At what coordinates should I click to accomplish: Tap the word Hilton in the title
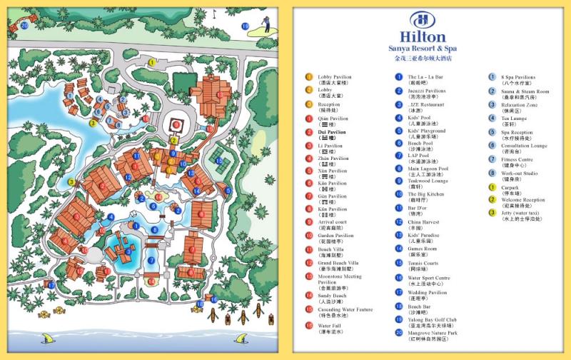(423, 37)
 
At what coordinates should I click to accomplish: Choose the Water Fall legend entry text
(330, 325)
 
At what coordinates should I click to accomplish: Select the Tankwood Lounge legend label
(427, 181)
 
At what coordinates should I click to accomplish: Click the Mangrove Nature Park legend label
(433, 332)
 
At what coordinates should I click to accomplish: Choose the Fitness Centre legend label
(517, 159)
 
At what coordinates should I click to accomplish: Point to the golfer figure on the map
(258, 24)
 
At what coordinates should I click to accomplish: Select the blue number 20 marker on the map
(24, 25)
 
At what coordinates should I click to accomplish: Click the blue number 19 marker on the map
(245, 26)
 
